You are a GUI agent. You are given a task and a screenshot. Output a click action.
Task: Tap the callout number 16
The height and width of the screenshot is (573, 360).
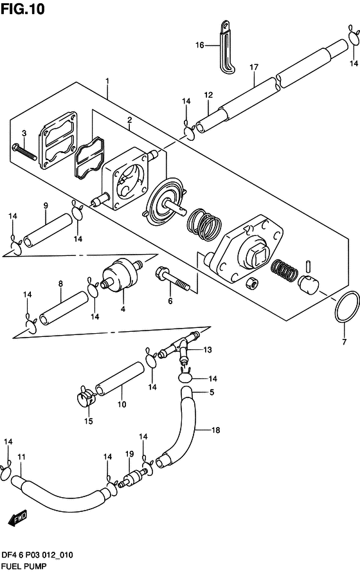[x=200, y=45]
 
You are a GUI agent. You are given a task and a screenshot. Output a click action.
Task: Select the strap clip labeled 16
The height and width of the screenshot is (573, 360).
[x=226, y=48]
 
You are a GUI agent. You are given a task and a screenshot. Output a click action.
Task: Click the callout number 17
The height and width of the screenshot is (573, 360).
[x=254, y=67]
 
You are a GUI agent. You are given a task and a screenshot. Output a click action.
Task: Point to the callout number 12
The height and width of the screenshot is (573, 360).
[x=208, y=95]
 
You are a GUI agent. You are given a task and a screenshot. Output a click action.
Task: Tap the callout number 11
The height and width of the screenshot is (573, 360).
[x=21, y=457]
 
